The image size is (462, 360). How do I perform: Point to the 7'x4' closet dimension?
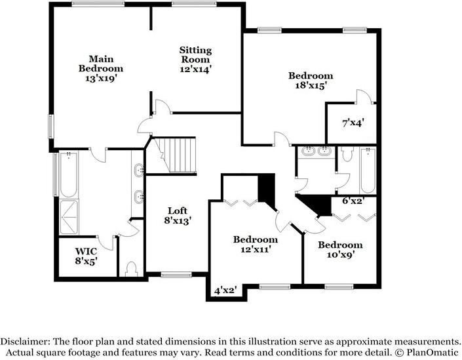click(x=353, y=122)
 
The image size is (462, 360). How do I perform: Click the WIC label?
click(x=86, y=250)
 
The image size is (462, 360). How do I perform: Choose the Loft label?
click(x=178, y=210)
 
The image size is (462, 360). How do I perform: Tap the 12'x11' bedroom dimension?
click(x=254, y=249)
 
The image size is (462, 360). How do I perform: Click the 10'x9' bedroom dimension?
click(x=339, y=255)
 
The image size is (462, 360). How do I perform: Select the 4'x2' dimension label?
click(x=224, y=289)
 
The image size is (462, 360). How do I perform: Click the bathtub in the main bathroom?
click(x=67, y=174)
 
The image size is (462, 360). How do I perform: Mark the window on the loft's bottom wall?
click(x=176, y=274)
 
